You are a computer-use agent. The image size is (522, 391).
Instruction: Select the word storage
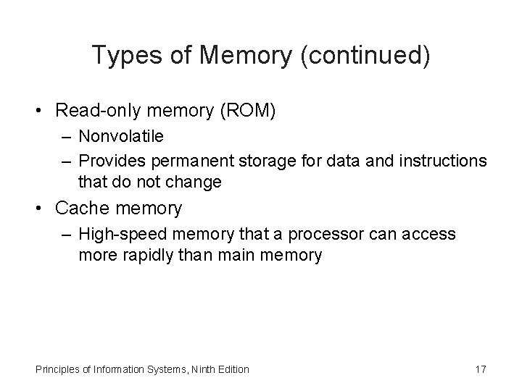[246, 161]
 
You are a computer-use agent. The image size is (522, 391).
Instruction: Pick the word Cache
[83, 209]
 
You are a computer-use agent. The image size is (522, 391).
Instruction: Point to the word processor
[323, 235]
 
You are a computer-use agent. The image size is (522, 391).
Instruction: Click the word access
[431, 235]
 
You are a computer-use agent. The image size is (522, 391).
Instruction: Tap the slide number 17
[480, 370]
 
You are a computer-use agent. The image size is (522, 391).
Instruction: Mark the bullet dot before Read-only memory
[43, 111]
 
